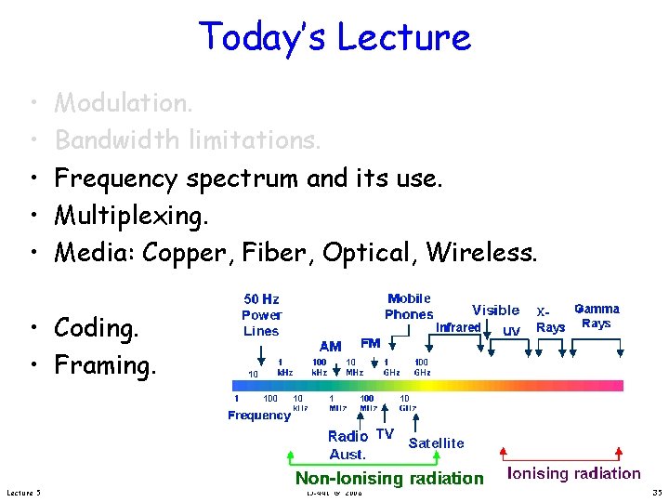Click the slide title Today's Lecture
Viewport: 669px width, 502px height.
pos(334,37)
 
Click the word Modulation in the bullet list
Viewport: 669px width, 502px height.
pos(124,102)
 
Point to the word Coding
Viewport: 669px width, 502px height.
pos(97,328)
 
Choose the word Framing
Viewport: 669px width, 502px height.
pos(105,365)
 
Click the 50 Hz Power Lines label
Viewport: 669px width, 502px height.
pos(261,315)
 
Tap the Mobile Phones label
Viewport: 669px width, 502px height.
pos(409,306)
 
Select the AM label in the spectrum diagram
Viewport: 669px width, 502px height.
pos(330,345)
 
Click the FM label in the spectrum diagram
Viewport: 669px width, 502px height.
pos(370,344)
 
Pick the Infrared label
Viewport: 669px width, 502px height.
pos(458,327)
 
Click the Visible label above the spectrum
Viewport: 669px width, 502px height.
pos(495,310)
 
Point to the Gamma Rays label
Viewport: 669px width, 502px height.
pos(596,316)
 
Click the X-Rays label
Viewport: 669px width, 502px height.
pos(550,320)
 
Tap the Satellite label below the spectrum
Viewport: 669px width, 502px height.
pos(436,443)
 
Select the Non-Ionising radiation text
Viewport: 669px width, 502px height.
pos(389,478)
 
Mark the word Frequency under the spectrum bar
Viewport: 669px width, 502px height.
pos(259,416)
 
